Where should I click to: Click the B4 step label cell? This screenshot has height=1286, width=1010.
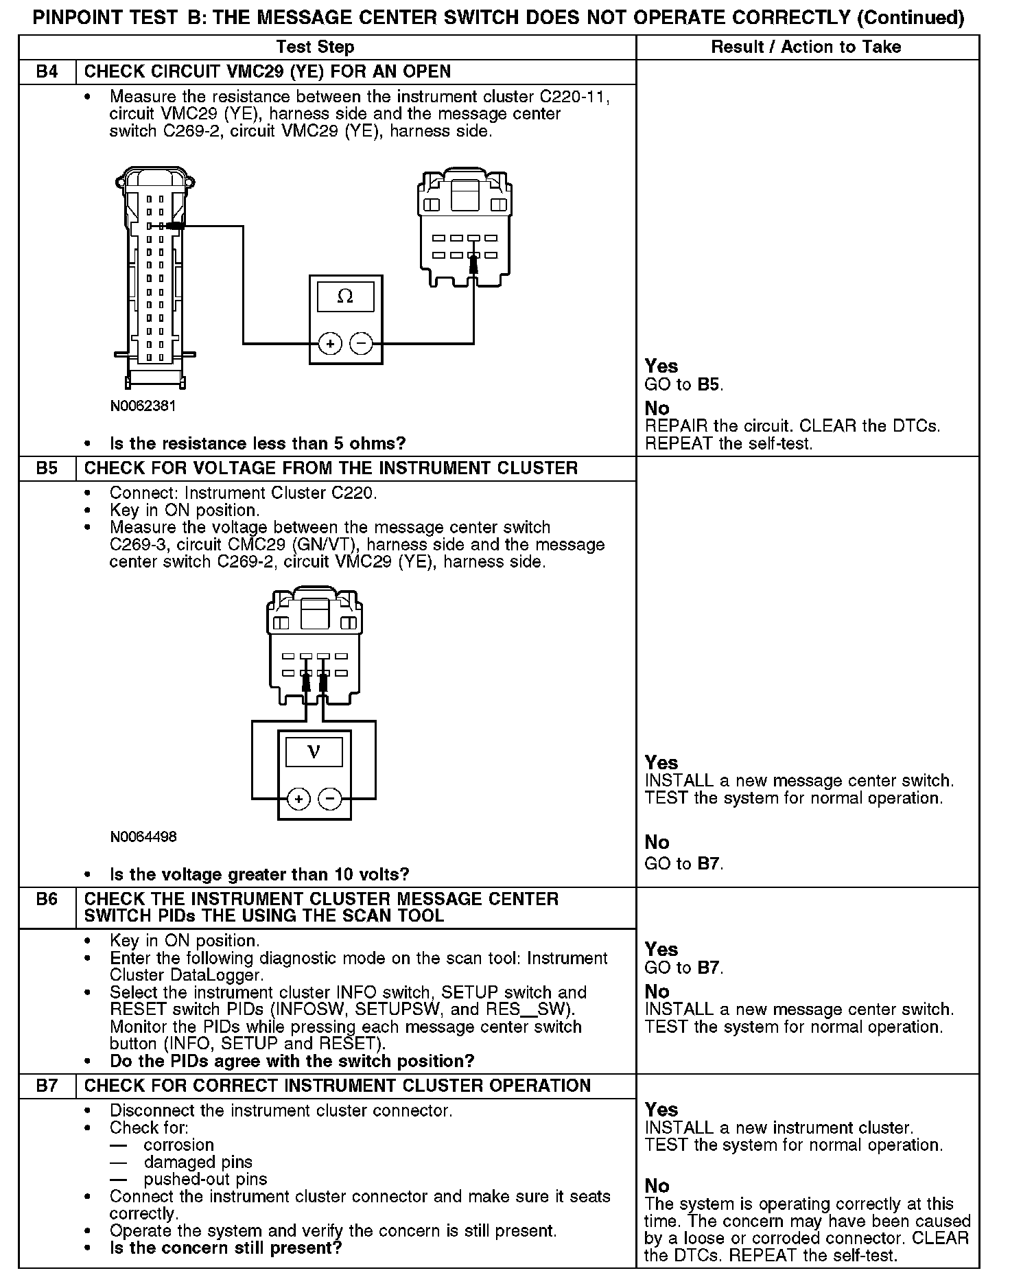(x=47, y=72)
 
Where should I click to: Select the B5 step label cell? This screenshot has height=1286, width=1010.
(x=47, y=469)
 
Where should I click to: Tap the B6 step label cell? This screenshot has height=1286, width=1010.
(x=47, y=899)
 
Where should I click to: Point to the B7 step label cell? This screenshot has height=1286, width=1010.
(x=47, y=1086)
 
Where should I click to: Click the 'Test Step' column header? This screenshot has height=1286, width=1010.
(x=315, y=47)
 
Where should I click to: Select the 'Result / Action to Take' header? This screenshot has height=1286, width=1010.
(x=806, y=47)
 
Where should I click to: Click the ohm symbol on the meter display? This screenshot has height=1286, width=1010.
(x=345, y=296)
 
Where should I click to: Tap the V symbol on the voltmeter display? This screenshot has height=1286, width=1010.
(x=314, y=752)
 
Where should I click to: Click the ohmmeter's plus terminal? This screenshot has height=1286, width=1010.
(x=330, y=343)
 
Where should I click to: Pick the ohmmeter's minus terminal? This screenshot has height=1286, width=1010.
(x=362, y=343)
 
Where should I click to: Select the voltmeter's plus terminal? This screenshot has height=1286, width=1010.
(x=298, y=799)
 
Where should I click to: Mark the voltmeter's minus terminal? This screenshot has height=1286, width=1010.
(x=330, y=799)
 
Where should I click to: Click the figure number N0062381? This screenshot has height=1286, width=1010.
(x=143, y=406)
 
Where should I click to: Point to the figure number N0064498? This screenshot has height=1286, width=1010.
(x=143, y=837)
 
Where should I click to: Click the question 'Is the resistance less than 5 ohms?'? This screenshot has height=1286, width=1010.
(x=257, y=443)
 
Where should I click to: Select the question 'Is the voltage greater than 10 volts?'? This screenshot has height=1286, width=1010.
(x=259, y=874)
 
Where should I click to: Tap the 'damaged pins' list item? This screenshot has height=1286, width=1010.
(x=198, y=1162)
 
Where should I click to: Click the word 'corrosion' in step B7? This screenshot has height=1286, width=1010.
(x=178, y=1145)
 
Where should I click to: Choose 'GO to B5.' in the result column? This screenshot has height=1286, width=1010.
(x=684, y=384)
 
